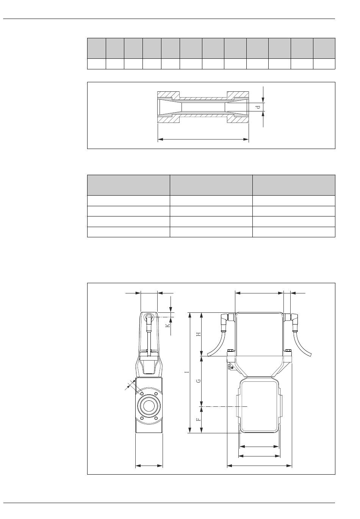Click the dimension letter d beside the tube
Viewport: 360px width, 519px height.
click(x=259, y=107)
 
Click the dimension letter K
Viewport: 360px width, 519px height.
click(x=168, y=325)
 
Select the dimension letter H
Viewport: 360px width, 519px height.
click(x=199, y=334)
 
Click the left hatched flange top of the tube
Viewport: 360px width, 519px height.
click(x=168, y=95)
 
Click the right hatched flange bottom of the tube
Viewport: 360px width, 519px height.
click(x=238, y=119)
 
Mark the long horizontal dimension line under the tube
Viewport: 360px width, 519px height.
click(x=203, y=139)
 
